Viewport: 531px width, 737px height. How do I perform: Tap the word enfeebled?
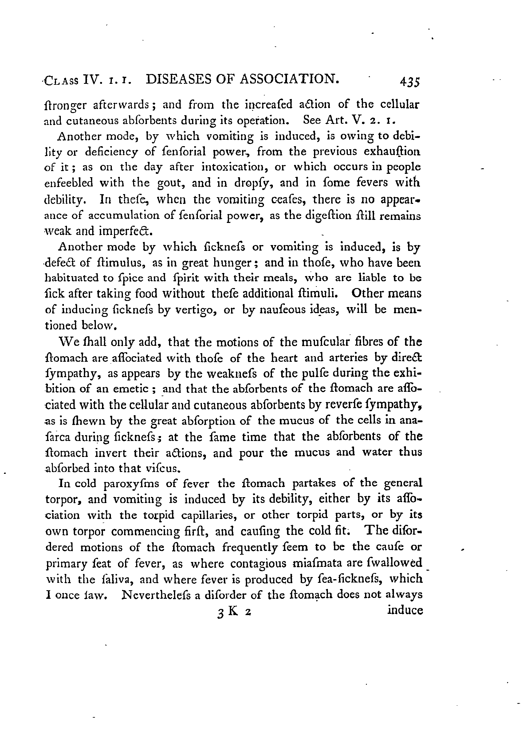[68, 183]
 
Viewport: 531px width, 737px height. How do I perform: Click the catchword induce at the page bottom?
[405, 610]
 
